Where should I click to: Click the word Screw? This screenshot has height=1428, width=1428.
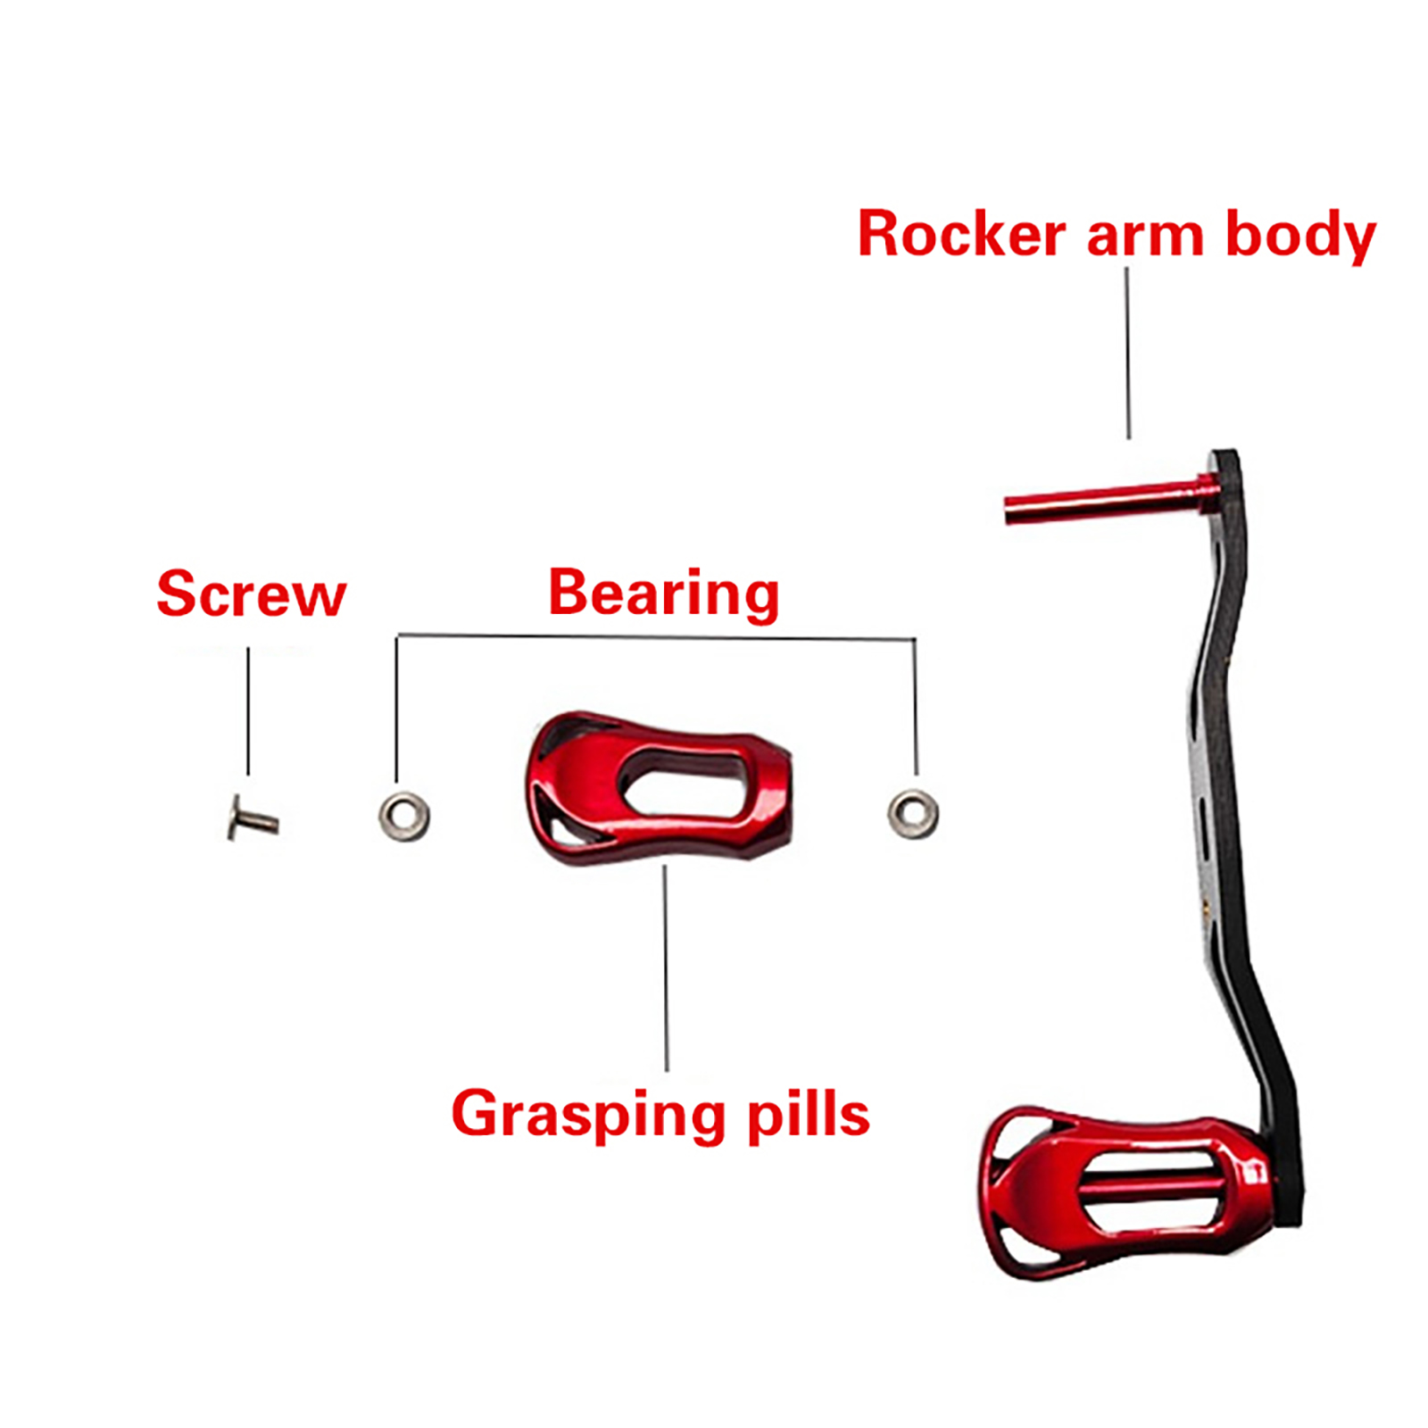pos(251,594)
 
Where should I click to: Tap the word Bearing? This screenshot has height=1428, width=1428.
pos(663,594)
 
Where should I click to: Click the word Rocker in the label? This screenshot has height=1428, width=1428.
pos(961,235)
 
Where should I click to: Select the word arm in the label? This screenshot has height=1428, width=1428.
pos(1145,237)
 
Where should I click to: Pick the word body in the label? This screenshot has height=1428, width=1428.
pos(1300,237)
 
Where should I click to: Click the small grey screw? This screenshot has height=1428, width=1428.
pos(253,818)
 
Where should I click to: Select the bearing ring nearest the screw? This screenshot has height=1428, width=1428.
pos(403,816)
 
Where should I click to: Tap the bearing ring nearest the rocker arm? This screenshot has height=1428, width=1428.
pos(912,813)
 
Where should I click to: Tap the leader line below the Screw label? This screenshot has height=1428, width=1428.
pos(248,710)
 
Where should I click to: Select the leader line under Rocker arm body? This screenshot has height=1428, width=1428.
pos(1128,353)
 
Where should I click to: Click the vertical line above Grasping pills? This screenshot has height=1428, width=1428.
pos(666,968)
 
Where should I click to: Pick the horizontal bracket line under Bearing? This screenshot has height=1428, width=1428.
pos(656,637)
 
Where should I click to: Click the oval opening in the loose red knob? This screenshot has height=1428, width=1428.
pos(683,782)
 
